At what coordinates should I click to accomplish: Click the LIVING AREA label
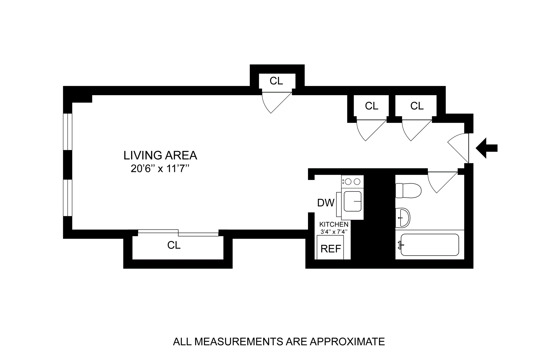click(x=160, y=155)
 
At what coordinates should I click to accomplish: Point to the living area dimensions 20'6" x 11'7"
click(x=160, y=169)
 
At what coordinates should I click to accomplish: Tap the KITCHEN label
click(x=334, y=224)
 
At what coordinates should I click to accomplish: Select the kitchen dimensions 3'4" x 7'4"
click(x=334, y=232)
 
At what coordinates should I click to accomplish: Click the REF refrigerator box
click(x=330, y=248)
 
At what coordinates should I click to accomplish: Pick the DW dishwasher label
click(x=326, y=202)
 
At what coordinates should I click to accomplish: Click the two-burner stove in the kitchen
click(x=352, y=182)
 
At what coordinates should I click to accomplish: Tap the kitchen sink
click(x=353, y=201)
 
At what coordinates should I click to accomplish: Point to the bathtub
click(x=430, y=245)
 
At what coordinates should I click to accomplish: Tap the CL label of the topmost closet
click(x=276, y=81)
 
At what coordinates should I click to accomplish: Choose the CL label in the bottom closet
click(x=174, y=245)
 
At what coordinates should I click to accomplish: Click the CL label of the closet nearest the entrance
click(x=417, y=106)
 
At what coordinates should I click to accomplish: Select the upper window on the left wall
click(x=68, y=132)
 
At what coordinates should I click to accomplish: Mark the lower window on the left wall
click(x=68, y=198)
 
